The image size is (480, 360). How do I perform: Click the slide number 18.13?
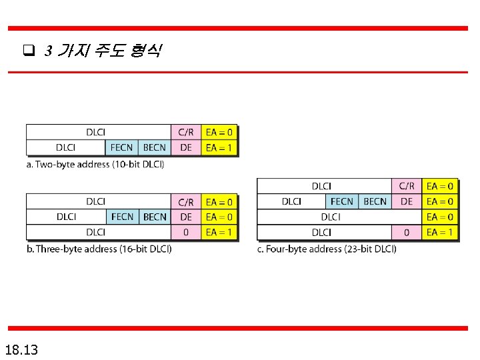pos(21,349)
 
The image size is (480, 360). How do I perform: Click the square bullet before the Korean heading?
pos(28,51)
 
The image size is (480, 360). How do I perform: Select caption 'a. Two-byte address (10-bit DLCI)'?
pos(95,164)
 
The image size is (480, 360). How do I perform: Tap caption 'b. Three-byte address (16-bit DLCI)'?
pos(99,249)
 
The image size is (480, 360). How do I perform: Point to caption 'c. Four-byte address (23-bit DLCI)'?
pos(327,249)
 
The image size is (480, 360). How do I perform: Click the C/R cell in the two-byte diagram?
pos(186,133)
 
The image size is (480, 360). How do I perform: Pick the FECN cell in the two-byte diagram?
pos(122,147)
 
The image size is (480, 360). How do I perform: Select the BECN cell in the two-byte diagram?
pos(155,147)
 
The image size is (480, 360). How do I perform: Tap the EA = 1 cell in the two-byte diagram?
pos(219,147)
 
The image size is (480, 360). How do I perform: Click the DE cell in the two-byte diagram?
pos(186,147)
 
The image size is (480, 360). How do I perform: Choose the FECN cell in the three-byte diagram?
pos(123,217)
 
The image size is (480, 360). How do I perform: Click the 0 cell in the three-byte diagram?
pos(186,232)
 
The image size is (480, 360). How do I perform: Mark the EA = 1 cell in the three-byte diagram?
pos(219,232)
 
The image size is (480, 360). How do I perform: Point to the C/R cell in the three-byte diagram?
pos(186,202)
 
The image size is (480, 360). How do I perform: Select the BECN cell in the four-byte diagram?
pos(375,201)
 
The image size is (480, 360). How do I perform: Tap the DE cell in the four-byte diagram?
pos(407,201)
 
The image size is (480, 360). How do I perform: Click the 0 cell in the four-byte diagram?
pos(407,232)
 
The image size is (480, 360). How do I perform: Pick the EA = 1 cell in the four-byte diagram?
pos(440,232)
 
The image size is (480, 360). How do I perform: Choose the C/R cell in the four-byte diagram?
pos(407,186)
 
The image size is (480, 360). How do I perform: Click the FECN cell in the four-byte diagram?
pos(342,201)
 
